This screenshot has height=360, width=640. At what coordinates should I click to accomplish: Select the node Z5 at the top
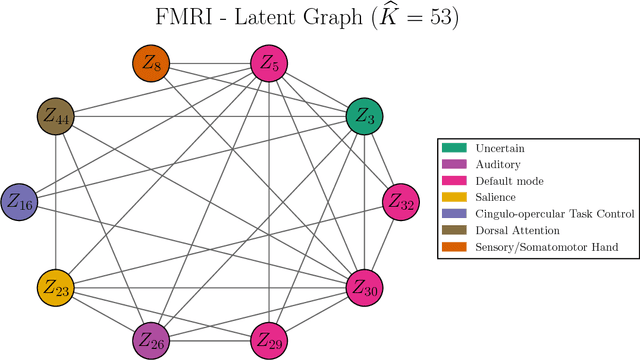269,64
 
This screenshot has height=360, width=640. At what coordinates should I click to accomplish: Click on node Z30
365,288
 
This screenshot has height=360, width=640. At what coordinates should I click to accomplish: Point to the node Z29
269,340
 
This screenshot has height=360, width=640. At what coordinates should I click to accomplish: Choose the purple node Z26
153,340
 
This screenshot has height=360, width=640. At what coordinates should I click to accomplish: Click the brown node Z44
57,116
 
